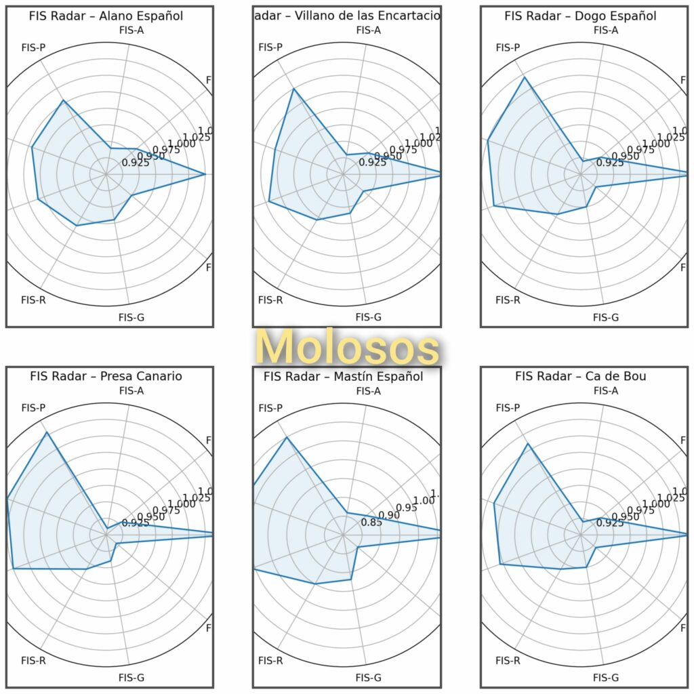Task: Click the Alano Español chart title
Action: tap(106, 16)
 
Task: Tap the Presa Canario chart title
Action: tap(106, 376)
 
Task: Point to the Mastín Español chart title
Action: tap(344, 376)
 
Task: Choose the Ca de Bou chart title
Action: tap(581, 376)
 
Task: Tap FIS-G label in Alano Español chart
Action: tap(131, 317)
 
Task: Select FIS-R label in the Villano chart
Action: tap(270, 300)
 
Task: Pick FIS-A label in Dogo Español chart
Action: tap(605, 30)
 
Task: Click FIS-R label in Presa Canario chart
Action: tap(33, 660)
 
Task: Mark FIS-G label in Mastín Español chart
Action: tap(368, 678)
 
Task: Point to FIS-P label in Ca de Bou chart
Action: tap(508, 407)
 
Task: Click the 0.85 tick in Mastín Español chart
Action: tap(371, 523)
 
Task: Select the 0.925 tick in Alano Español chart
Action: tap(136, 163)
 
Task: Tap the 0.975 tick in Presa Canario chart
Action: tap(166, 510)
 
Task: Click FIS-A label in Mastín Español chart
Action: tap(368, 390)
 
